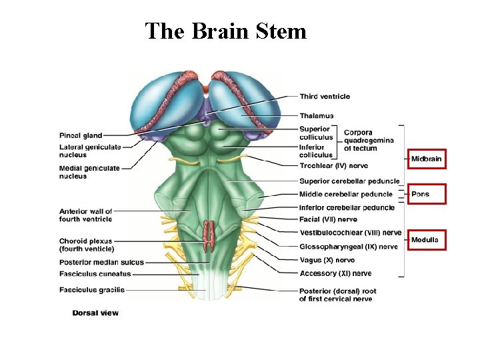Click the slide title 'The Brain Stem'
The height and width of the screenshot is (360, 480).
225,31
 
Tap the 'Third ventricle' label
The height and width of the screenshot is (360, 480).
325,97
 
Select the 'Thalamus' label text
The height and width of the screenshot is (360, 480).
317,116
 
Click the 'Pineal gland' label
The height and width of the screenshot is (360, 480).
81,136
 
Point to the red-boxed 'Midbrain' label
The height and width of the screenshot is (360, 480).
426,159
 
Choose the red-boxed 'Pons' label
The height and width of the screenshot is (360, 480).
421,194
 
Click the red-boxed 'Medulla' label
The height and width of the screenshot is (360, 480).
425,240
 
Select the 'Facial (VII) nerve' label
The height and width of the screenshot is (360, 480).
328,219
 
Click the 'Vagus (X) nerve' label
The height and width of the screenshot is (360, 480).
327,260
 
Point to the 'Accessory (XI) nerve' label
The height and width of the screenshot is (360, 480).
335,273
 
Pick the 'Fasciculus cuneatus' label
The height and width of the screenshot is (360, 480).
95,273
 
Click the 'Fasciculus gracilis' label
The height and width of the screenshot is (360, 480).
92,290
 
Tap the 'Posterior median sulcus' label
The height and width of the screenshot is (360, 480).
101,262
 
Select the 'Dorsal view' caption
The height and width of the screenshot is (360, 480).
95,313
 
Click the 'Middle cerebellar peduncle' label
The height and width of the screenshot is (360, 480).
346,194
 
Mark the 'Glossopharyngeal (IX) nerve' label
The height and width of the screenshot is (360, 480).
348,247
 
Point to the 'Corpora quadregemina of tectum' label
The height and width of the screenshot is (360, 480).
369,140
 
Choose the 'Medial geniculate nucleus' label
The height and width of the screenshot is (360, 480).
89,172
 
